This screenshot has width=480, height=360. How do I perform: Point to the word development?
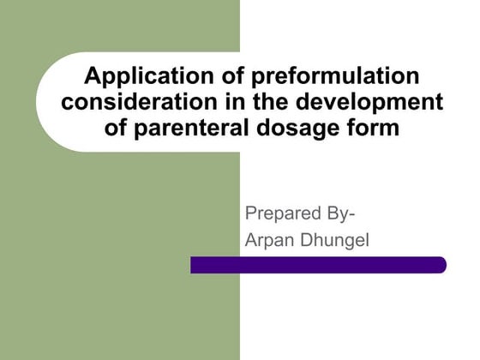coord(374,104)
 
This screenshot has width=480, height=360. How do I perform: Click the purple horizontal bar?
coord(318,266)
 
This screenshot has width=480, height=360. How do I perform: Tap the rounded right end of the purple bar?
coord(440,266)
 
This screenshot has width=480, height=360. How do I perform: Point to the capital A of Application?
coord(92,77)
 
